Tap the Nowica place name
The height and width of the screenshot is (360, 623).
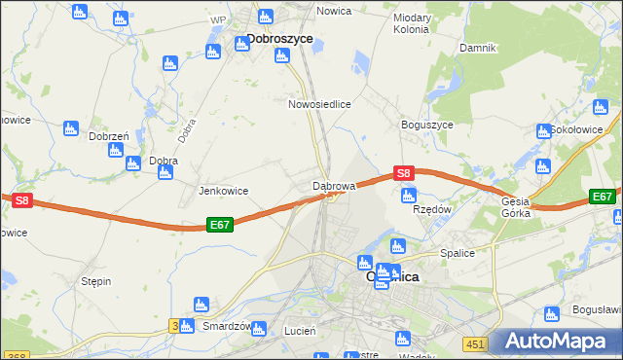coord(333,11)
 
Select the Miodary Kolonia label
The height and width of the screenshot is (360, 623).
coord(411,23)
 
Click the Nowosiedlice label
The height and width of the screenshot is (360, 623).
coord(319,103)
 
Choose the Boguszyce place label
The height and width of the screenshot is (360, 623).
coord(426,126)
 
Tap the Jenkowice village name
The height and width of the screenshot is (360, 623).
coord(223,191)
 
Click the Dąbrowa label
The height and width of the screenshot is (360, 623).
coord(338,184)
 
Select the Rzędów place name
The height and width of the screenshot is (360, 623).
coord(432,208)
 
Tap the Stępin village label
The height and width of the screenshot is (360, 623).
coord(95,281)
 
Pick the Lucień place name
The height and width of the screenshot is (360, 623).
coord(299,331)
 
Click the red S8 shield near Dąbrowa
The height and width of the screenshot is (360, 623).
coord(405,173)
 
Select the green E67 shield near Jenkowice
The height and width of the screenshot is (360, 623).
coord(219,225)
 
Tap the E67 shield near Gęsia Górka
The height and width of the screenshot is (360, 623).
coord(603,197)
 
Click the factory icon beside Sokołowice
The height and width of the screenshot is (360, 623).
coord(543,131)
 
